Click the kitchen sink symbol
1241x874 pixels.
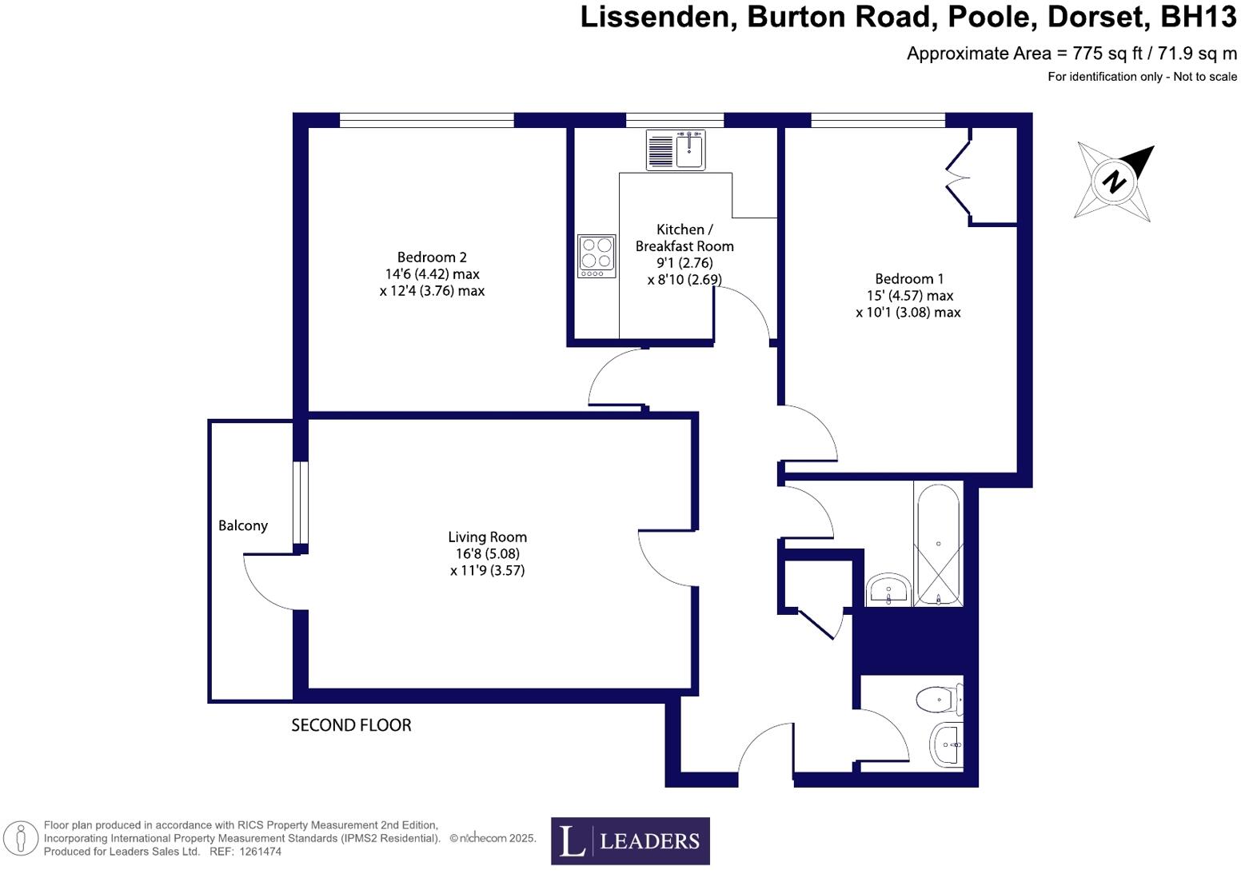[x=676, y=150]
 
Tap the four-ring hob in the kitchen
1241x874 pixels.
[x=597, y=256]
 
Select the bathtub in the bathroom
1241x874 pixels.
[x=938, y=543]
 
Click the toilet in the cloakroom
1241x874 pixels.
[x=939, y=700]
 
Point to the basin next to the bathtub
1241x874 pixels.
[x=888, y=590]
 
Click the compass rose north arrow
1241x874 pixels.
[x=1114, y=181]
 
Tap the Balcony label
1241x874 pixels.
[x=243, y=525]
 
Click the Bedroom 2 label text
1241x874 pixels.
[x=432, y=257]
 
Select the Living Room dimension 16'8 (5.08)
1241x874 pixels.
[x=487, y=553]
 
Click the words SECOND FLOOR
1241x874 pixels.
[x=351, y=725]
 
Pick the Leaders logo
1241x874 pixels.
[x=630, y=840]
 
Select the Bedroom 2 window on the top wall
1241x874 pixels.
[x=426, y=120]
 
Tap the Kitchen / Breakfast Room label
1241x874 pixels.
[x=684, y=237]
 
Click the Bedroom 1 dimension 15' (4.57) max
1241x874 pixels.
[x=909, y=295]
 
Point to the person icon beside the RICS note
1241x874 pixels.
[x=22, y=839]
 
